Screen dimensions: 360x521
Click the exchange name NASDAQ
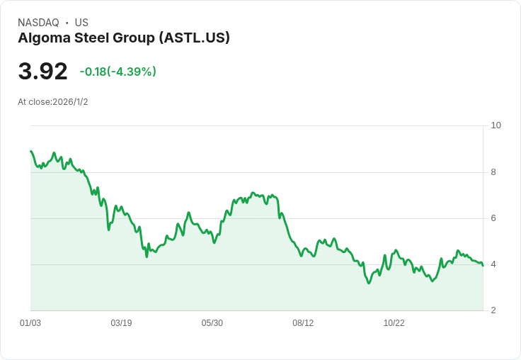click(38, 23)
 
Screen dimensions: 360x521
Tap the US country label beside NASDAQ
click(81, 23)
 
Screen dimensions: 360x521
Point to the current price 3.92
click(42, 71)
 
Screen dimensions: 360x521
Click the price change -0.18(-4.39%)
click(118, 72)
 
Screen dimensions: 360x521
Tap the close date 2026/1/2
click(70, 102)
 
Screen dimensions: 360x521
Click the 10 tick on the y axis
click(496, 125)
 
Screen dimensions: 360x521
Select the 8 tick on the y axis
click(493, 172)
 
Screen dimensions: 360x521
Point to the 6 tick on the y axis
click(493, 218)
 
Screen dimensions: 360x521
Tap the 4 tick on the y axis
click(493, 264)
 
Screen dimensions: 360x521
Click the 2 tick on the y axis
click(493, 310)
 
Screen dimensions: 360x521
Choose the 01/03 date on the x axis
click(30, 323)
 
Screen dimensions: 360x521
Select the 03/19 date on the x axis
click(121, 323)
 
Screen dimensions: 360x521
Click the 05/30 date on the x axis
click(212, 323)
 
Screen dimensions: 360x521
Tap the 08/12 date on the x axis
click(303, 323)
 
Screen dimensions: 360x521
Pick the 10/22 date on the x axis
click(394, 323)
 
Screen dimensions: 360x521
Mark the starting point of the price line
click(31, 151)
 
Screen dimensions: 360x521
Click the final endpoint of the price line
click(483, 266)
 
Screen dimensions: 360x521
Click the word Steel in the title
click(91, 38)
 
